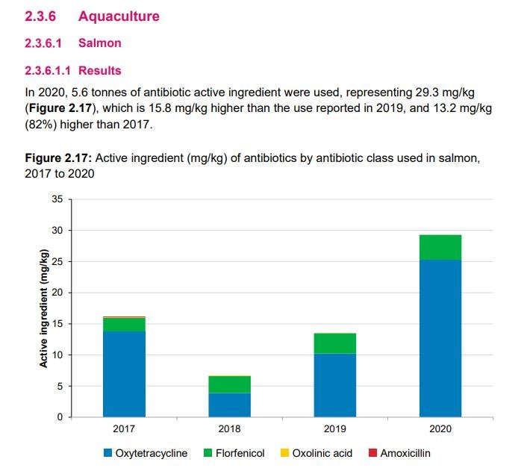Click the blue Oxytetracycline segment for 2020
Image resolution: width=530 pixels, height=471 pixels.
(440, 338)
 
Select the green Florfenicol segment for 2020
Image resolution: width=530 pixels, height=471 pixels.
(440, 247)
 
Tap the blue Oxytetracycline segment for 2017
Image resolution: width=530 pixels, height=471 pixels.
(124, 373)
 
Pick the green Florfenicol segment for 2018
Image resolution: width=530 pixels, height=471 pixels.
(229, 384)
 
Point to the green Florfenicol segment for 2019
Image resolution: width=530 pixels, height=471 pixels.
(334, 343)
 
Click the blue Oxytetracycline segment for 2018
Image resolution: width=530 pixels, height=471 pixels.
(229, 405)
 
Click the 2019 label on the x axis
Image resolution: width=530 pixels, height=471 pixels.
(334, 429)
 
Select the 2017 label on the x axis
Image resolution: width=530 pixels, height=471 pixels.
(124, 429)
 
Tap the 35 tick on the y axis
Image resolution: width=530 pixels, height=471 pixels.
(57, 199)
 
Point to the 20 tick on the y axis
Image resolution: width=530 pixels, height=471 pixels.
(57, 293)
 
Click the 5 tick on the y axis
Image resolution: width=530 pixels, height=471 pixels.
(60, 386)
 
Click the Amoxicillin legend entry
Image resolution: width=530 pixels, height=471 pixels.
(404, 453)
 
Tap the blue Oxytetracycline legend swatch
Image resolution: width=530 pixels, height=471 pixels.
(108, 453)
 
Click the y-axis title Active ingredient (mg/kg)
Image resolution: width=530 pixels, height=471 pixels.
(43, 308)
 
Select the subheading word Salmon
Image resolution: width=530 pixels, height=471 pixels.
(99, 43)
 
